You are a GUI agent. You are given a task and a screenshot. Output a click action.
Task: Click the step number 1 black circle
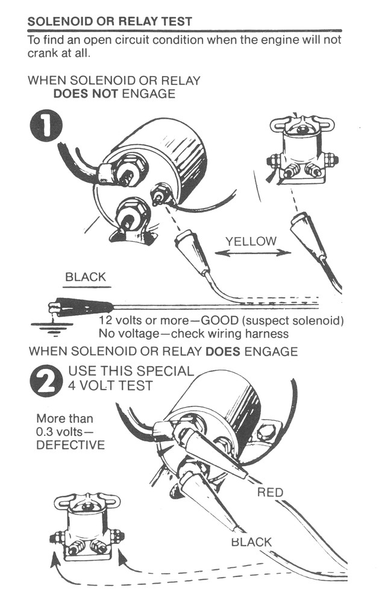coord(46,128)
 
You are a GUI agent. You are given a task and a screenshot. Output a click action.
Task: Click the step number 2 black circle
coord(46,380)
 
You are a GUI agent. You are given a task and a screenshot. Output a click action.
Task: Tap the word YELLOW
coord(251,241)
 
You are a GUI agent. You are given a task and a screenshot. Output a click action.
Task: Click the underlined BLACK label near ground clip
coord(85,277)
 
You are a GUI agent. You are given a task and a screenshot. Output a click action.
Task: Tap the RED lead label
coord(270,493)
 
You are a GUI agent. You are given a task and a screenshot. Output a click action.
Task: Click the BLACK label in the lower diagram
coord(251,541)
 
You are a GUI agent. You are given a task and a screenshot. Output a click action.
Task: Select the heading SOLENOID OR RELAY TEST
coord(110,21)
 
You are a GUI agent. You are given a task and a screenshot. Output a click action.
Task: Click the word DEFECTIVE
coord(70,445)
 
